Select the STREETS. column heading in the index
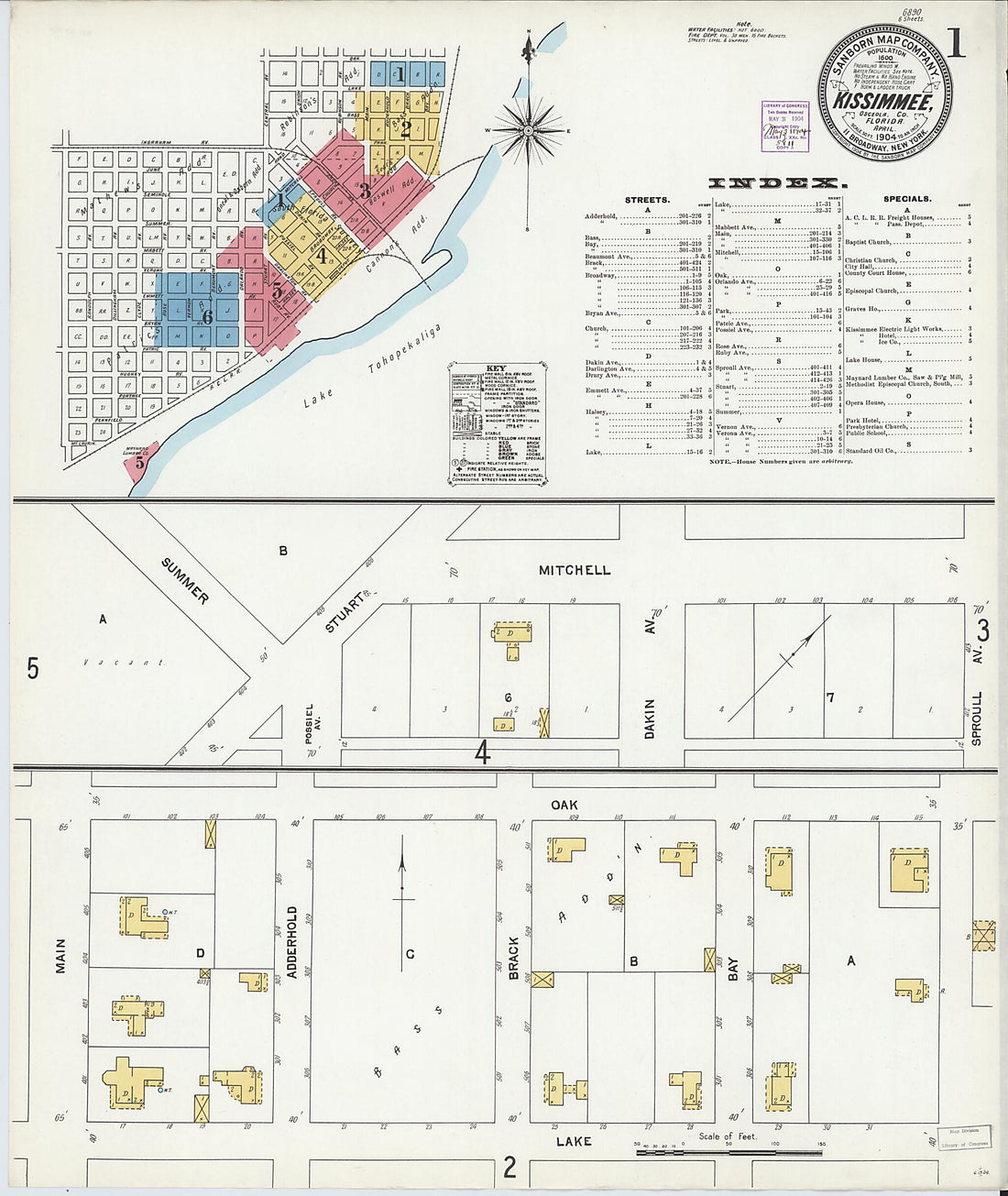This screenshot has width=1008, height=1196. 646,199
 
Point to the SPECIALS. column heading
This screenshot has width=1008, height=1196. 907,199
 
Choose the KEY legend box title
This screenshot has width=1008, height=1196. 495,368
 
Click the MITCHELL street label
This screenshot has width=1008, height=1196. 575,570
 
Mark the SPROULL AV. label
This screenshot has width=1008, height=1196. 977,718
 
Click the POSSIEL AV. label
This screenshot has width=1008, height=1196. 311,723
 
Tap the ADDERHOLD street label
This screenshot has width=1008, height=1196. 293,942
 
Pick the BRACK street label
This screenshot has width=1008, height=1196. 514,958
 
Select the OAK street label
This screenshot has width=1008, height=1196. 564,805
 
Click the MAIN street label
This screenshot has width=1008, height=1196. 61,955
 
